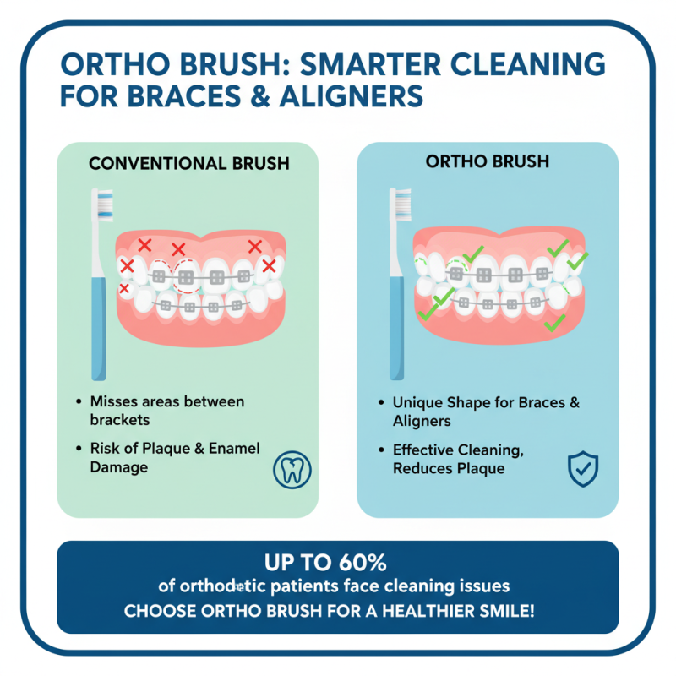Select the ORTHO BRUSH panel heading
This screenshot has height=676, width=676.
(x=488, y=161)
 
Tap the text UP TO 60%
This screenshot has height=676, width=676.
(x=337, y=562)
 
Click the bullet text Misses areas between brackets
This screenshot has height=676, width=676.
(x=166, y=410)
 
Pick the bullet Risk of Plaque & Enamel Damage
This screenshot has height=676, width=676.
(x=174, y=457)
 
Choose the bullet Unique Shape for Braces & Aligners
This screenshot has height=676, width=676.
(x=486, y=412)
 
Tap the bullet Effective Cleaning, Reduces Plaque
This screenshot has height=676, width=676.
(x=457, y=460)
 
